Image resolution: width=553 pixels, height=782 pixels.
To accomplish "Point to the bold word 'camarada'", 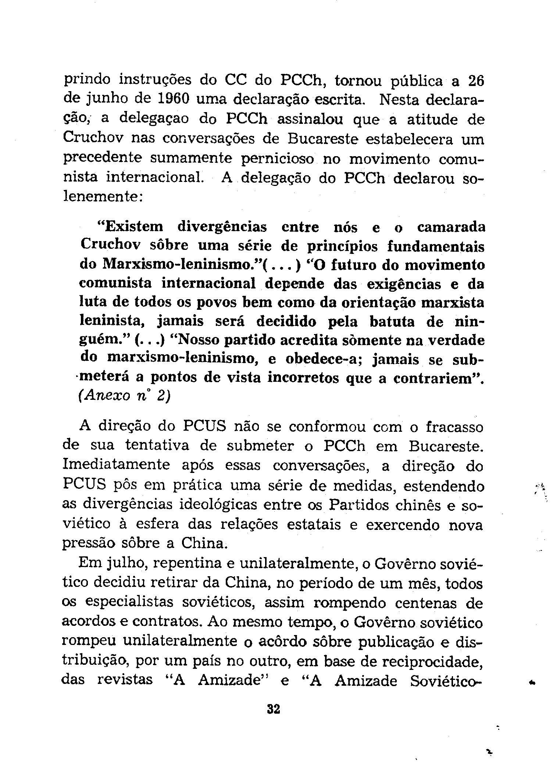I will click(x=451, y=227).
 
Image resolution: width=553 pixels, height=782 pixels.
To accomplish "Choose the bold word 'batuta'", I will click(x=392, y=322).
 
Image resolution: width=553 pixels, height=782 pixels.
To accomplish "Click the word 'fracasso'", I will click(x=454, y=427).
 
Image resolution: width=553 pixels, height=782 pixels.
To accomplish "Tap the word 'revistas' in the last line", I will click(x=125, y=680).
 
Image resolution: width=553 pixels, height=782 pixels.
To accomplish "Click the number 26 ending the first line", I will click(x=477, y=80).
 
